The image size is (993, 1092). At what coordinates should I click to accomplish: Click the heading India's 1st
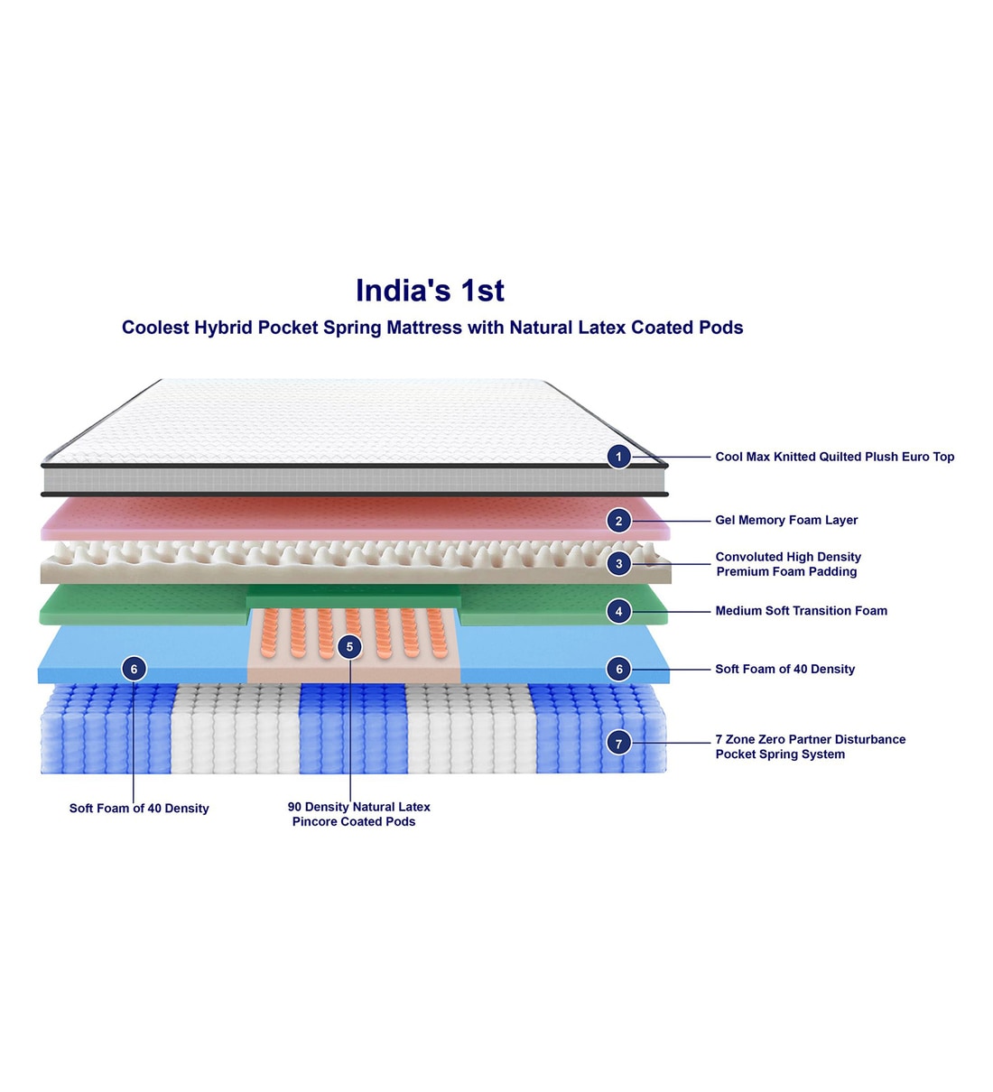point(430,291)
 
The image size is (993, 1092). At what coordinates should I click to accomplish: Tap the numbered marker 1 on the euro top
point(618,457)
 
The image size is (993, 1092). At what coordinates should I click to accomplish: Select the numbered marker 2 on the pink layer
point(618,521)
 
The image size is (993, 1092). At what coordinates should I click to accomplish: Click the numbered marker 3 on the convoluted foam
point(618,564)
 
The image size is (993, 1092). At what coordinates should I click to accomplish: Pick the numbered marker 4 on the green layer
point(618,612)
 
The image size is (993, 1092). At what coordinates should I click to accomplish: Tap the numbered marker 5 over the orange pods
point(349,647)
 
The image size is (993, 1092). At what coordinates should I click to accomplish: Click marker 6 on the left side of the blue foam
point(134,669)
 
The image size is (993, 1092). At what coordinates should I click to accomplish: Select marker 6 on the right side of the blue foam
point(618,669)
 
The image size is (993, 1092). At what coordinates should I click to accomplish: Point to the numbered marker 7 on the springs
point(618,744)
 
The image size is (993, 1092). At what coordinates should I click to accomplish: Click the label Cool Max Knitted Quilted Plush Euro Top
point(834,457)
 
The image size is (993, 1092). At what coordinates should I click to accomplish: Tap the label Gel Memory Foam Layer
point(786,520)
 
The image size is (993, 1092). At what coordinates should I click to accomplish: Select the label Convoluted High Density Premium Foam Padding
point(788,564)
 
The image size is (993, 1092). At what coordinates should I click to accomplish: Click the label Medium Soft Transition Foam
point(801,611)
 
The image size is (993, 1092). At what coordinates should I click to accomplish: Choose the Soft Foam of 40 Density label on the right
point(784,669)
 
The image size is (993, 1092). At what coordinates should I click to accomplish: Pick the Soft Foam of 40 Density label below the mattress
point(139,809)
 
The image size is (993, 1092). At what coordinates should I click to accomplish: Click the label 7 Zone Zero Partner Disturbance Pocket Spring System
point(810,746)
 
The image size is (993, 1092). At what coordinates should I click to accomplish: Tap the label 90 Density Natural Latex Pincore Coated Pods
point(358,814)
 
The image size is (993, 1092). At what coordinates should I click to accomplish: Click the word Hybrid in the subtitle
point(223,328)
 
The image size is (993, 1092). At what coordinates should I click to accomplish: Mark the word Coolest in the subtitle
point(155,328)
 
